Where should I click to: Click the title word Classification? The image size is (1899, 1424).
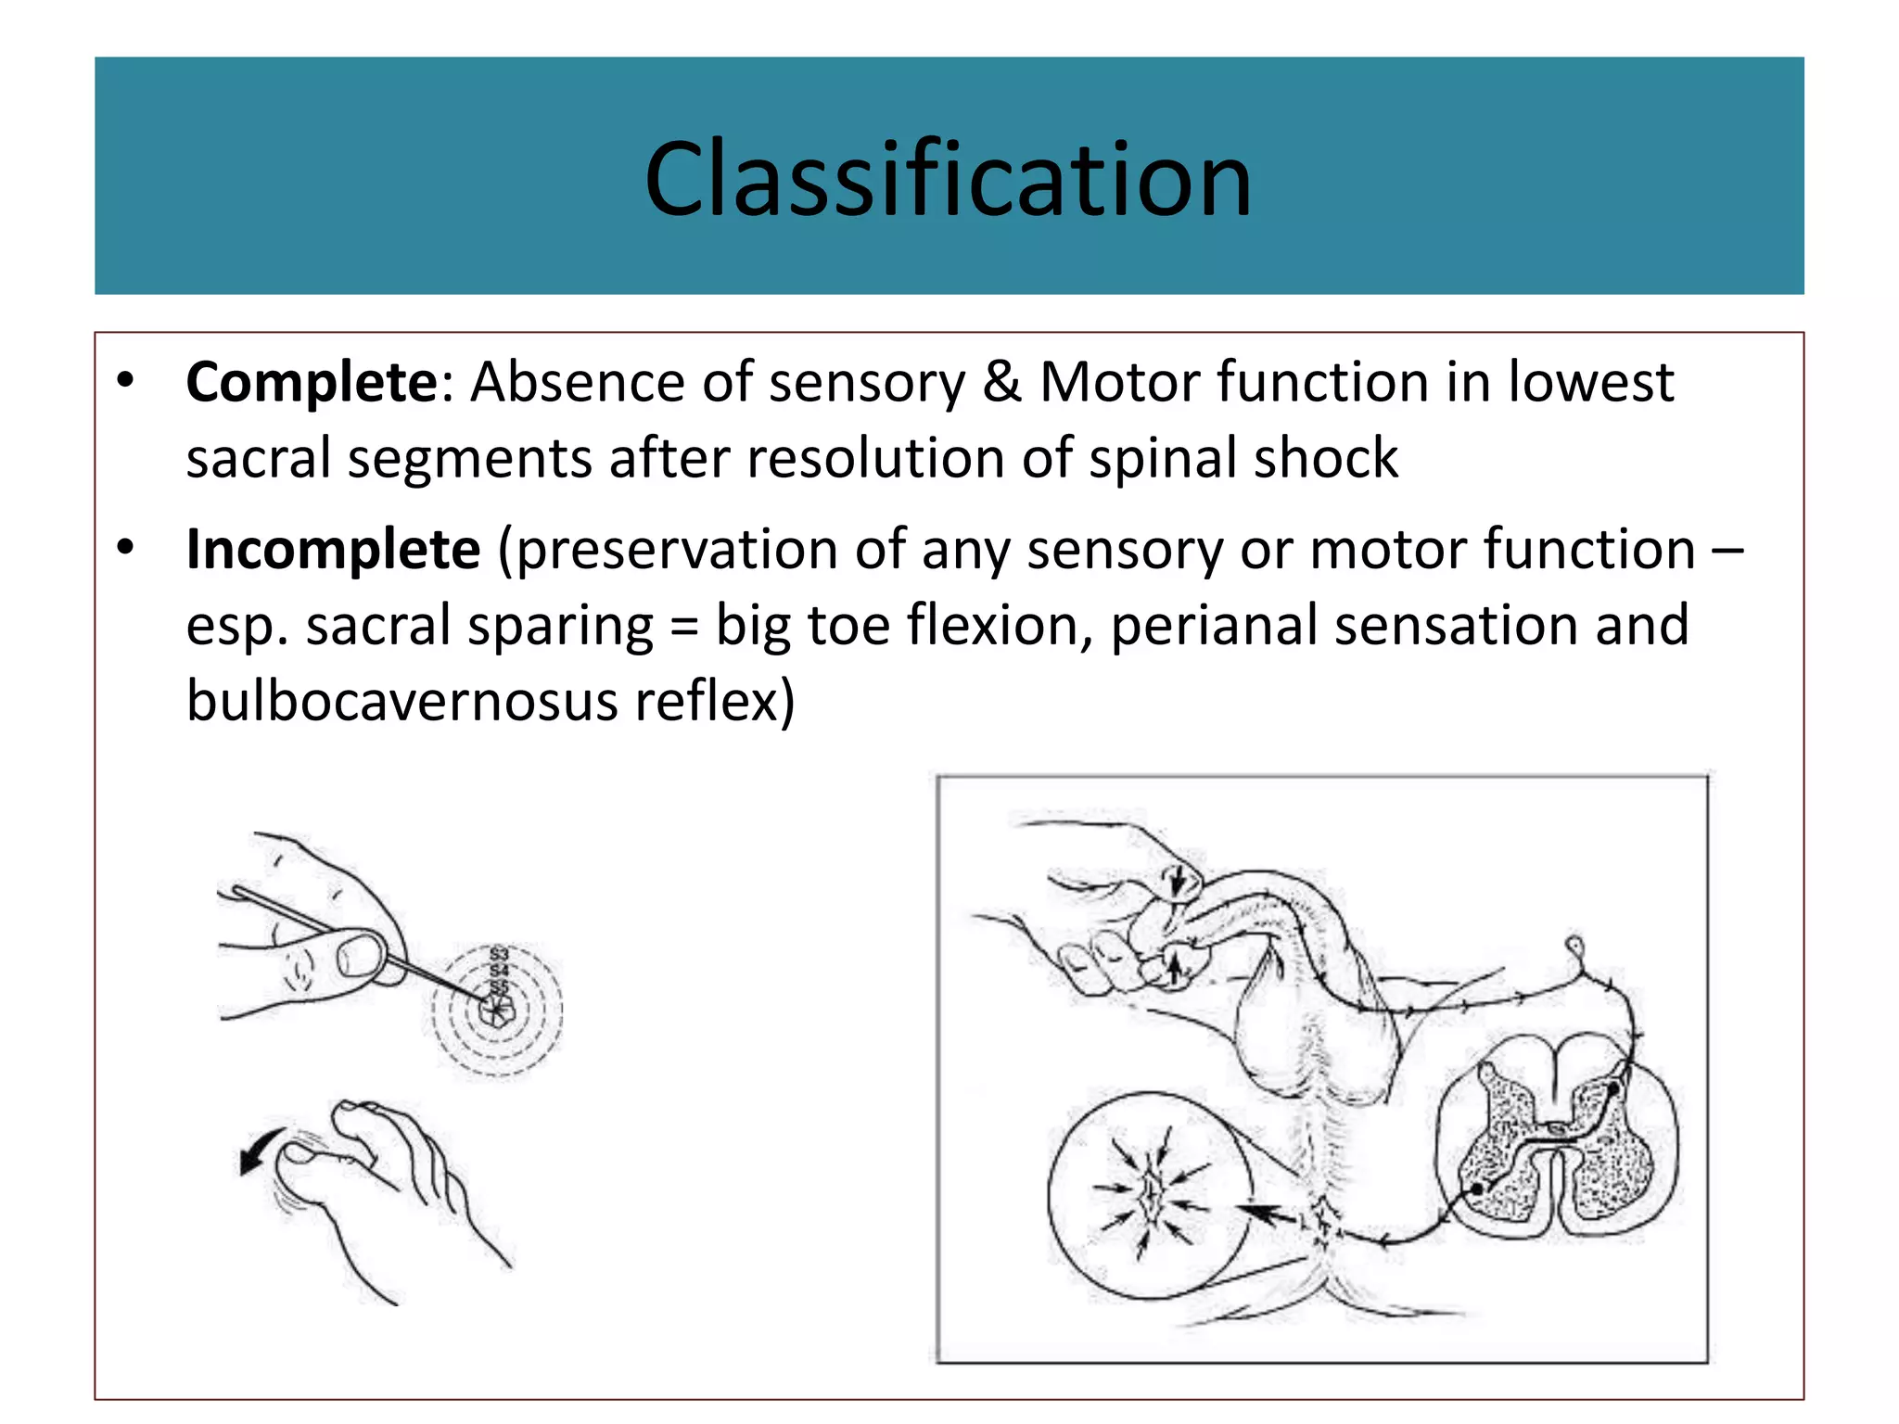[948, 178]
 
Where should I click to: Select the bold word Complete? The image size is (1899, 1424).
[312, 382]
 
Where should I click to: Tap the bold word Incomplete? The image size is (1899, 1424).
[333, 549]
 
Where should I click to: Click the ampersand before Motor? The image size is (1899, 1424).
[1001, 382]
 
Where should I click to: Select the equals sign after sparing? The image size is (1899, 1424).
[683, 627]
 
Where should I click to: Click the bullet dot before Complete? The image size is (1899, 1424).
[126, 380]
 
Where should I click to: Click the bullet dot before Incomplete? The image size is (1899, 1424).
[126, 547]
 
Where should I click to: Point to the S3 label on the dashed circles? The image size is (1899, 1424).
[499, 954]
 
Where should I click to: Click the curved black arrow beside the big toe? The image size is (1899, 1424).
[261, 1150]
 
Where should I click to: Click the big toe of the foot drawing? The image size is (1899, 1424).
[315, 1159]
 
